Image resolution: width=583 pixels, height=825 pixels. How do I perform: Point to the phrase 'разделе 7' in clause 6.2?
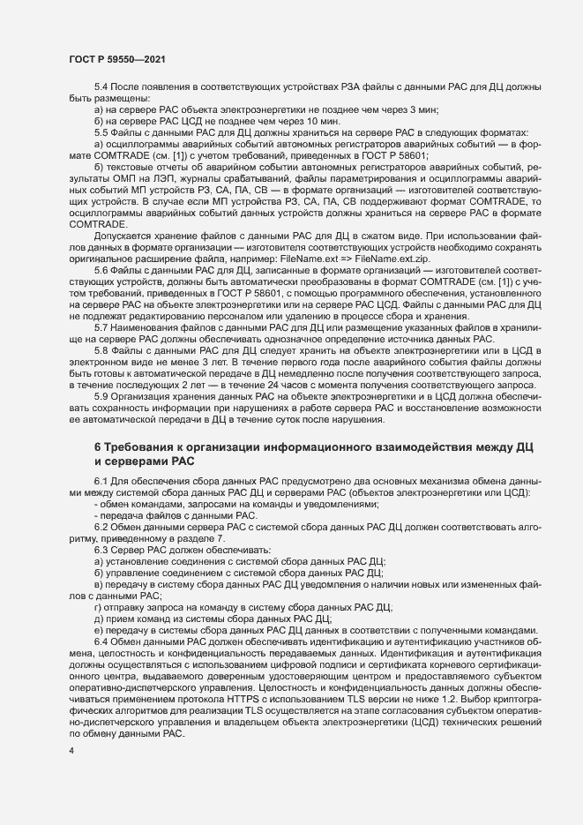[x=206, y=537]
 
